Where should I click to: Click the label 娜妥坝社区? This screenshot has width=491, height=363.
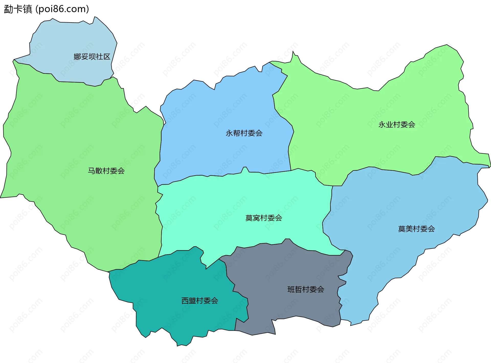92,57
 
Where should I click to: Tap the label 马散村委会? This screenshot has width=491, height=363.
106,171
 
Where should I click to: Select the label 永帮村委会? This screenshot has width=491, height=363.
244,133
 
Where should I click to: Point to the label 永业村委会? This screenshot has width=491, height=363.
397,125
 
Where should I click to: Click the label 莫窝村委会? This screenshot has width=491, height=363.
264,218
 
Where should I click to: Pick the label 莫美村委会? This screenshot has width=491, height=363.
416,229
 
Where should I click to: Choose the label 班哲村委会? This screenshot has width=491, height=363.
306,289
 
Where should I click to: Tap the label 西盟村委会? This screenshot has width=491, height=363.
200,301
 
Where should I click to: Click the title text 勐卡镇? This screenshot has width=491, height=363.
18,9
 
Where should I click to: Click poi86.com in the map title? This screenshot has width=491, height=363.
62,9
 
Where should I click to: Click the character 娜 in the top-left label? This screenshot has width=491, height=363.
77,57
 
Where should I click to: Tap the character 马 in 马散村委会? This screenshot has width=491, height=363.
92,171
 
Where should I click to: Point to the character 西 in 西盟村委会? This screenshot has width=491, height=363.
185,301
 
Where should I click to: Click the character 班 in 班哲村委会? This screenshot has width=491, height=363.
291,289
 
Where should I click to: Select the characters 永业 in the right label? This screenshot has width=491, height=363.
386,125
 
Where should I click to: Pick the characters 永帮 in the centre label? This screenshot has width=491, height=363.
233,133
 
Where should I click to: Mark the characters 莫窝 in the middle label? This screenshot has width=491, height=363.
253,218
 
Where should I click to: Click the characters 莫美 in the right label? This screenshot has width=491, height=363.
405,229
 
